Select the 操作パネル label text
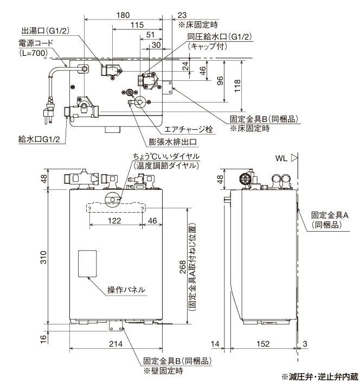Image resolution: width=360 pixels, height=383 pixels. [x=126, y=290]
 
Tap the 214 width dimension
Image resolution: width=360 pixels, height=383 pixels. [x=114, y=344]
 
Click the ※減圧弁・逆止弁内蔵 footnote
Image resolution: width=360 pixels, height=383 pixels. [x=319, y=376]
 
